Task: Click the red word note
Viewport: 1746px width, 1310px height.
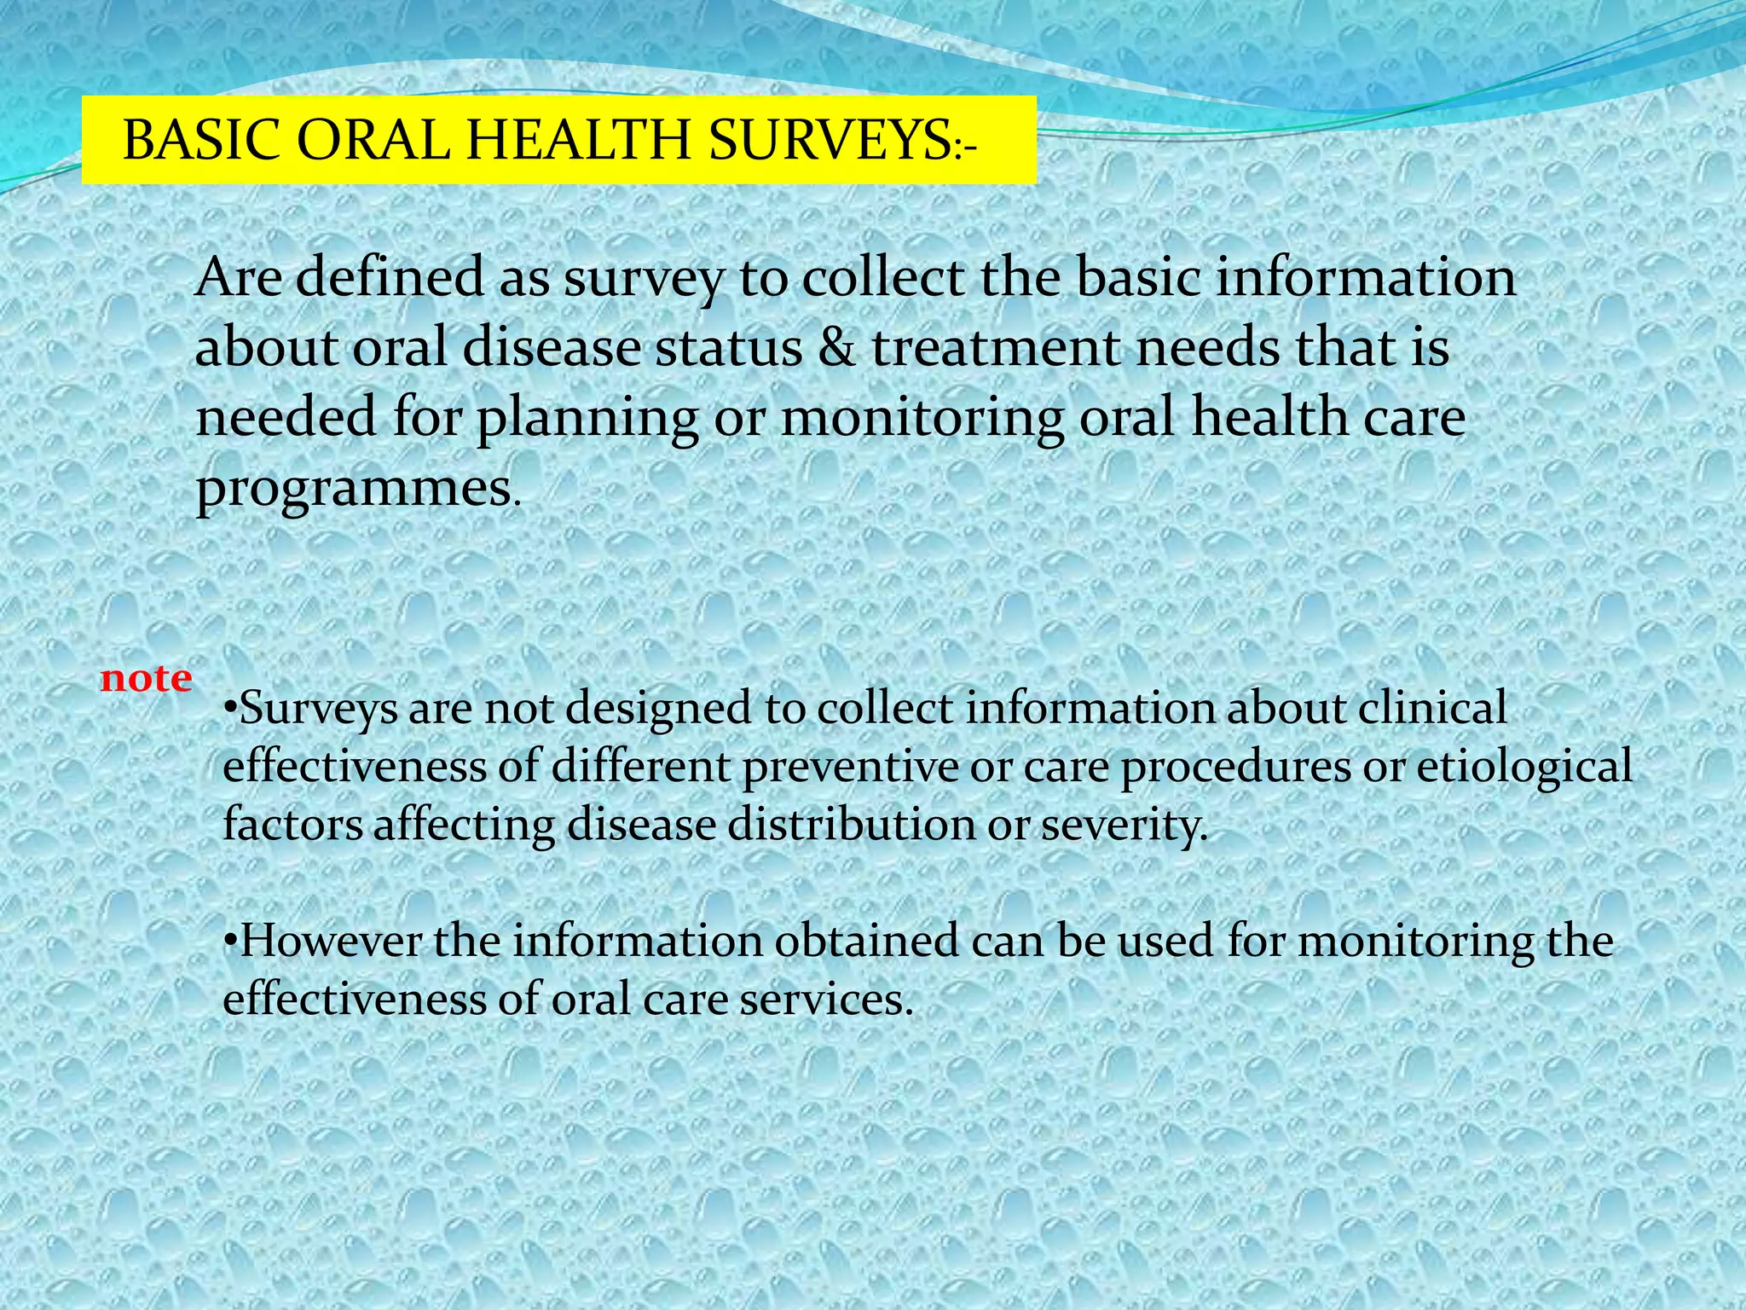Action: click(146, 679)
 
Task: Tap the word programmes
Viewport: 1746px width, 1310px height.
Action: click(354, 488)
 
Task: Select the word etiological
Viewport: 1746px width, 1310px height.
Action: click(1524, 767)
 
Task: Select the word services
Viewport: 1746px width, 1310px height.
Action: click(826, 999)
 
